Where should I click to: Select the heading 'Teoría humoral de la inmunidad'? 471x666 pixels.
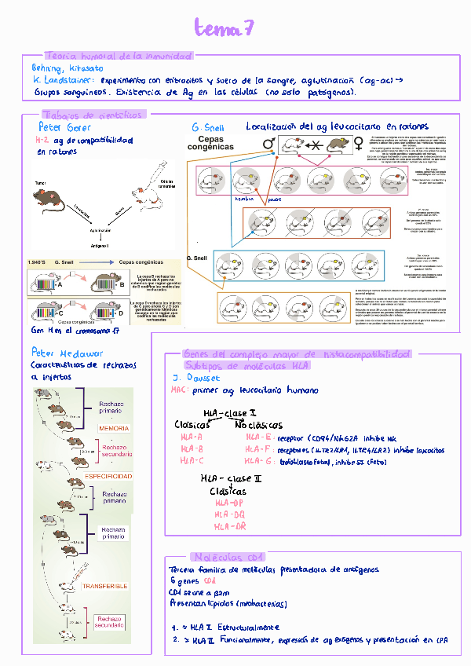pyautogui.click(x=119, y=57)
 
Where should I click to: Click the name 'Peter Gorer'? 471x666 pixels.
pyautogui.click(x=64, y=127)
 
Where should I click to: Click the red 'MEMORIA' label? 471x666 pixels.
pyautogui.click(x=114, y=428)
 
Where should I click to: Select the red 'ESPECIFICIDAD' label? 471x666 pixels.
pyautogui.click(x=108, y=477)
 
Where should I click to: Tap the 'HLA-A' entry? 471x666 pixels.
pyautogui.click(x=192, y=437)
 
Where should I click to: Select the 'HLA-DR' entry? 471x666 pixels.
pyautogui.click(x=230, y=525)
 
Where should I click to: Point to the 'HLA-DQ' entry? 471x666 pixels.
pyautogui.click(x=230, y=514)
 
